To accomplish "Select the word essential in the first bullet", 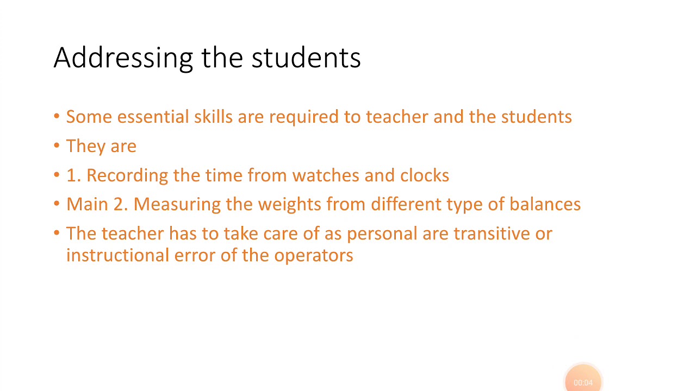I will tap(153, 117).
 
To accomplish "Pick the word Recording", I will tap(127, 175).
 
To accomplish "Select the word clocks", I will tap(425, 175).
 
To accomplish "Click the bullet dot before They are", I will tap(57, 146).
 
